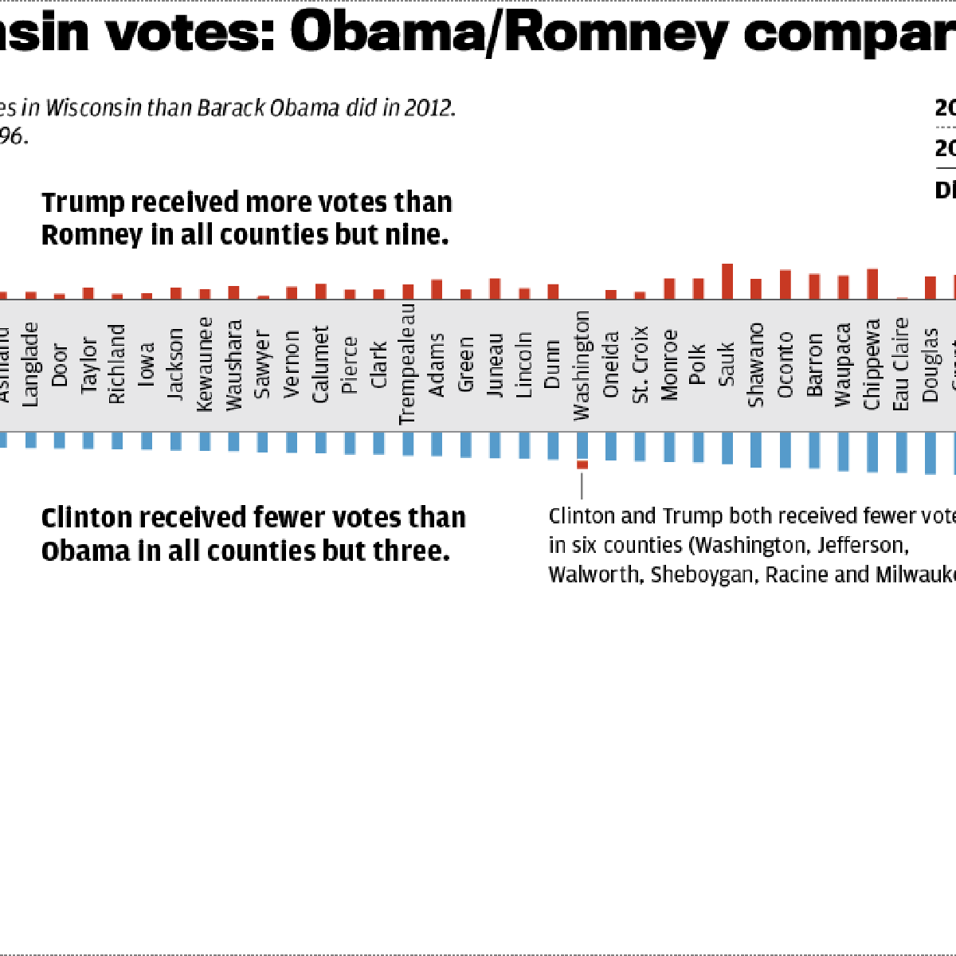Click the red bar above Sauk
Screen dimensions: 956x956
727,281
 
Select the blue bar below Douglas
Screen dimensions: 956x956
930,453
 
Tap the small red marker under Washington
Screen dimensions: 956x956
582,464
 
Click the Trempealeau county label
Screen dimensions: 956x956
407,363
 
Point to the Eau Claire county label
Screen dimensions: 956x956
901,364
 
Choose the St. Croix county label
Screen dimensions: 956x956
641,364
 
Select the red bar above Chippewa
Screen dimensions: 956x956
872,284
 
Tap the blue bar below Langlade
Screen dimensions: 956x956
31,440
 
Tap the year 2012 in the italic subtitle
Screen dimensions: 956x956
428,108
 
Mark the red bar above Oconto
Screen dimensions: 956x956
786,284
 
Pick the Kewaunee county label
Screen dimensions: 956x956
205,364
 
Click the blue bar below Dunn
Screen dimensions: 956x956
554,446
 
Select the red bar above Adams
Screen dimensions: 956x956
437,289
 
